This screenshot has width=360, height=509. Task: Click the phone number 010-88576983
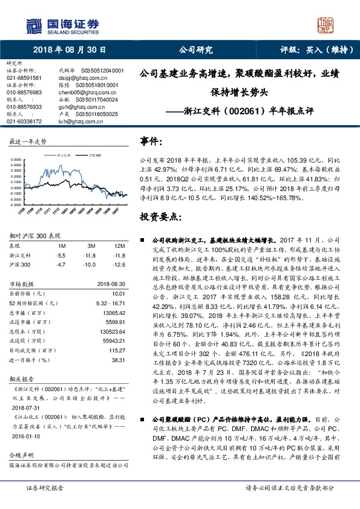point(24,92)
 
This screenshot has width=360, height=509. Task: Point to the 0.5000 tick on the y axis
point(17,160)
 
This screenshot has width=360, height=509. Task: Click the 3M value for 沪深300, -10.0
point(90,247)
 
